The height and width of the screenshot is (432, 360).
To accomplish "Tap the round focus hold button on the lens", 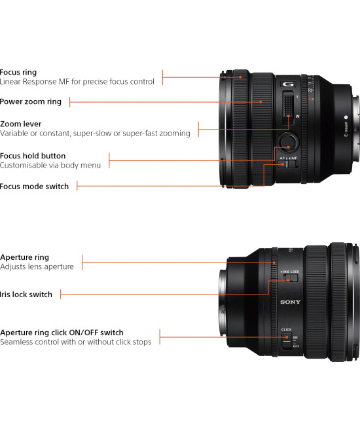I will click(x=287, y=141).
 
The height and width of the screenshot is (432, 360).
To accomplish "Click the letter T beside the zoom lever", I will click(x=298, y=96).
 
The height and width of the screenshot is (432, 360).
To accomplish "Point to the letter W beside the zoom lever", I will click(x=298, y=116).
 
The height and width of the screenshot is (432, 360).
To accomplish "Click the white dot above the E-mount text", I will click(x=346, y=119).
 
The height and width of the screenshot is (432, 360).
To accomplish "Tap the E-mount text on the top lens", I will click(x=346, y=130).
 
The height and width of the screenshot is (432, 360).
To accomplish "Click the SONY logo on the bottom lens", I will click(x=290, y=302).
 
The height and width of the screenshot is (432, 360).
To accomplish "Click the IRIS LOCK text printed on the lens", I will click(x=289, y=270).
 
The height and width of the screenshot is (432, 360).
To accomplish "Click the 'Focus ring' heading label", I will click(x=18, y=72).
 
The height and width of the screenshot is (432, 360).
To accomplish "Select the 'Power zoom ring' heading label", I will click(x=31, y=101).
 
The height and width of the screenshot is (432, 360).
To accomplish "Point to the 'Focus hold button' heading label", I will click(x=33, y=156).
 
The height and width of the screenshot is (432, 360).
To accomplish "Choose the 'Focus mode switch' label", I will click(x=34, y=187).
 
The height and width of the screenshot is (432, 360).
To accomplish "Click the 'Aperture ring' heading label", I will click(x=24, y=257).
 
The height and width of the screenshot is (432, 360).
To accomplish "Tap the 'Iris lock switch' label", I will click(x=26, y=295).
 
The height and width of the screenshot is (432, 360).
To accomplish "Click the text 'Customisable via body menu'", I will click(x=50, y=166).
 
